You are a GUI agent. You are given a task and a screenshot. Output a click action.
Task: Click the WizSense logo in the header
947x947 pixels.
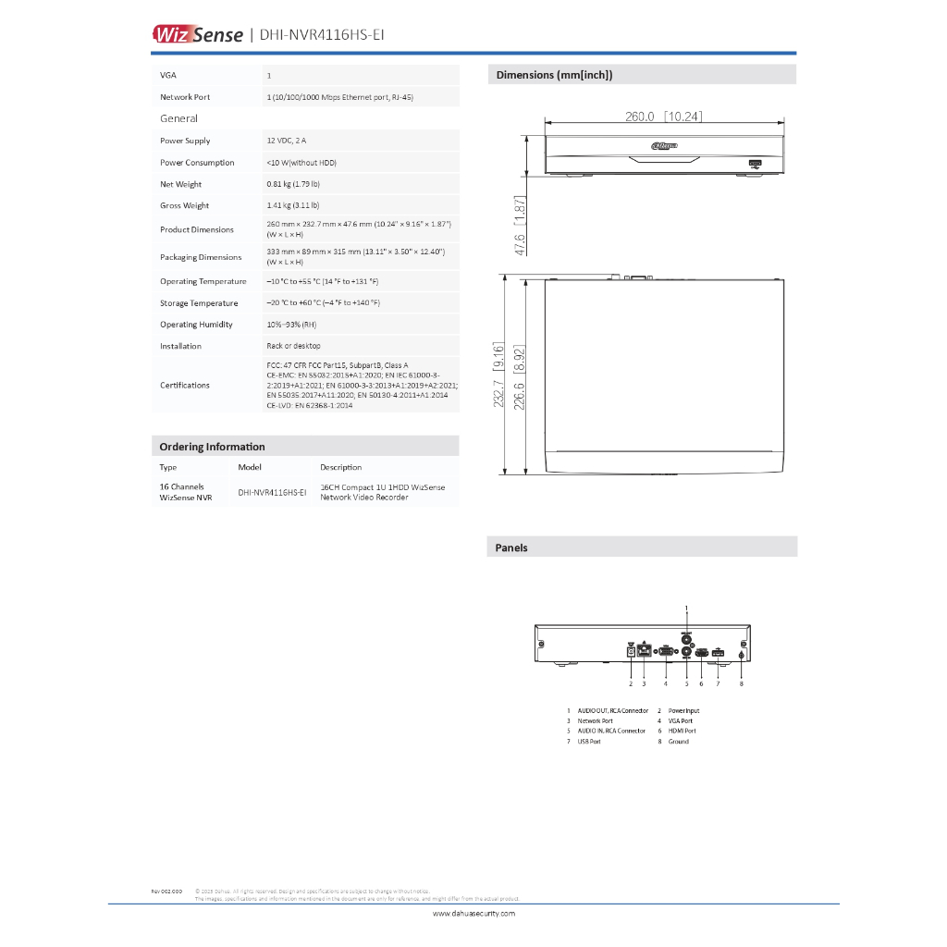197,35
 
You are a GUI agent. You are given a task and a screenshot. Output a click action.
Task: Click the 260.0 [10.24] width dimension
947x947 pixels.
664,117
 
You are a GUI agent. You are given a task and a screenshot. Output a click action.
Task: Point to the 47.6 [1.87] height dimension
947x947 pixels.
520,226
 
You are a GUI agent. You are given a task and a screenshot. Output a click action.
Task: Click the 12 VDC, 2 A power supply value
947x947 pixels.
287,141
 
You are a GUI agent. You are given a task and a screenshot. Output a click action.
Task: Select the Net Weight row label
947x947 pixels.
181,184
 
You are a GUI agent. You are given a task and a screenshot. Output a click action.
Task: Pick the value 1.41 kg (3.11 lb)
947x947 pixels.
293,205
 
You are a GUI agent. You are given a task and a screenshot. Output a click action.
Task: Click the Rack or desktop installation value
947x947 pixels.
294,346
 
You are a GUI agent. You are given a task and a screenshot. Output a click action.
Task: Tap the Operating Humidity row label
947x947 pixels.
196,325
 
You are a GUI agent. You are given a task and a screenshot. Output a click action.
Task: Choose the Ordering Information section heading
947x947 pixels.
212,447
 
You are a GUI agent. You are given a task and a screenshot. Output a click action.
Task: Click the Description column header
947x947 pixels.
341,467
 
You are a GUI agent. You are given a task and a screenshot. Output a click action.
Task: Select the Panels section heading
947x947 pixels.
511,547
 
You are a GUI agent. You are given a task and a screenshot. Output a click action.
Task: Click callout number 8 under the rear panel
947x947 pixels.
742,684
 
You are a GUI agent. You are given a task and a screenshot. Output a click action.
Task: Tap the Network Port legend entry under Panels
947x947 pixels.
595,720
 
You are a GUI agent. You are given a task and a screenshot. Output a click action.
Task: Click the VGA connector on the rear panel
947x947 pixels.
665,652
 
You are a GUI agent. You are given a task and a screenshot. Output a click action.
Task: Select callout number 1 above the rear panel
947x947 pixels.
686,607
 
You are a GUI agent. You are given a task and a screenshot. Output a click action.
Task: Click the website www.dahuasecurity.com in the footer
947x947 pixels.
473,913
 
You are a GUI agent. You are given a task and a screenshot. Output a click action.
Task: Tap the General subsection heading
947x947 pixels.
178,118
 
